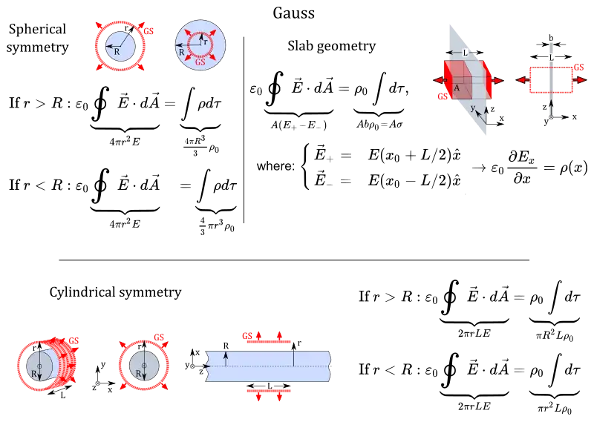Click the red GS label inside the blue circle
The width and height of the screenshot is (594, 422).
pyautogui.click(x=200, y=62)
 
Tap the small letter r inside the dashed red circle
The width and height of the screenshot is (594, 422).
pyautogui.click(x=205, y=42)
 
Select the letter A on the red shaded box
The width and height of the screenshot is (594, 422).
pyautogui.click(x=457, y=88)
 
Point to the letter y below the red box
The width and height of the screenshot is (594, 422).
pyautogui.click(x=472, y=108)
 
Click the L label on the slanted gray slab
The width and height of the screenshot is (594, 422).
pyautogui.click(x=466, y=53)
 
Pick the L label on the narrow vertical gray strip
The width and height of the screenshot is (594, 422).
pyautogui.click(x=550, y=56)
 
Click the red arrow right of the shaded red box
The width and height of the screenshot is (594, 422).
pyautogui.click(x=496, y=80)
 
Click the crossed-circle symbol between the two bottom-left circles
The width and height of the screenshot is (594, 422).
pyautogui.click(x=98, y=383)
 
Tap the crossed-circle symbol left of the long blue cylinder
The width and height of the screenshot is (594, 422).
pyautogui.click(x=192, y=365)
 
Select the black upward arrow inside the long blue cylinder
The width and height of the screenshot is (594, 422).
pyautogui.click(x=225, y=359)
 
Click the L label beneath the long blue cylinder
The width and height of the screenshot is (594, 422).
pyautogui.click(x=268, y=386)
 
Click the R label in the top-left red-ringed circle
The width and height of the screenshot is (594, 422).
pyautogui.click(x=117, y=52)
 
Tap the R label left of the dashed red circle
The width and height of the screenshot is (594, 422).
pyautogui.click(x=181, y=53)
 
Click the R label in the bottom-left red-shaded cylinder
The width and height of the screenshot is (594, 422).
pyautogui.click(x=34, y=375)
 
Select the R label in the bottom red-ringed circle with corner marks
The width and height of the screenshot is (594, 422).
pyautogui.click(x=138, y=375)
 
